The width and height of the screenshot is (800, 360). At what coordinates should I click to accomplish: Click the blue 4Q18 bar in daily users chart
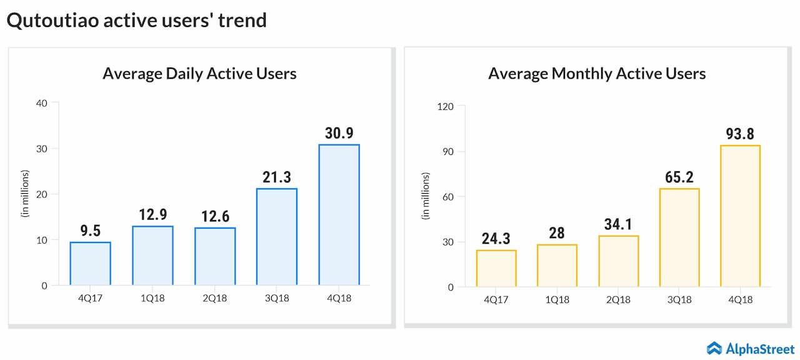[x=339, y=215]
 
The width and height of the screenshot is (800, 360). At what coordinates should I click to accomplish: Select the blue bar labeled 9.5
[x=91, y=264]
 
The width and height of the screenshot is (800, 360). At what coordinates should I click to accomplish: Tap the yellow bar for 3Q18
[x=679, y=237]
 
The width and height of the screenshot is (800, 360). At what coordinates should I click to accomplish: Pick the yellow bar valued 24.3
[x=496, y=269]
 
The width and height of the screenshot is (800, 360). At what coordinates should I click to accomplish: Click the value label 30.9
[x=339, y=133]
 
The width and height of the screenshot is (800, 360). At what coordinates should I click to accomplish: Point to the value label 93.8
[x=741, y=134]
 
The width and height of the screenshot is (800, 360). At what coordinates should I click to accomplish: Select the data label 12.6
[x=215, y=216]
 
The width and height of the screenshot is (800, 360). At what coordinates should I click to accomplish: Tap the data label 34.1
[x=618, y=224]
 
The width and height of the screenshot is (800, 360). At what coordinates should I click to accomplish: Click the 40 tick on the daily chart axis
[x=41, y=103]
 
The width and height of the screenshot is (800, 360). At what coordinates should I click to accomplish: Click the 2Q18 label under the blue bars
[x=215, y=298]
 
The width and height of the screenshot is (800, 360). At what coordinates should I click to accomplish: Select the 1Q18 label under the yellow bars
[x=557, y=299]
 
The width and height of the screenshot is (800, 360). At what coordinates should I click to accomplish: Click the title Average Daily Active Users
[x=199, y=74]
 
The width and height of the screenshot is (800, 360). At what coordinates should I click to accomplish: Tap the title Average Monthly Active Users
[x=596, y=74]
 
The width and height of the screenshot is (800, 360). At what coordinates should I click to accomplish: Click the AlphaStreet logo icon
[x=714, y=348]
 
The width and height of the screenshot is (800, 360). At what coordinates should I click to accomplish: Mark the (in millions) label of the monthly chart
[x=426, y=196]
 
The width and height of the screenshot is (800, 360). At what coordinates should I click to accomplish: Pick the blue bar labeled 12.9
[x=153, y=256]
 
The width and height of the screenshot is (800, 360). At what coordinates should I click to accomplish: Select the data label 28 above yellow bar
[x=557, y=232]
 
